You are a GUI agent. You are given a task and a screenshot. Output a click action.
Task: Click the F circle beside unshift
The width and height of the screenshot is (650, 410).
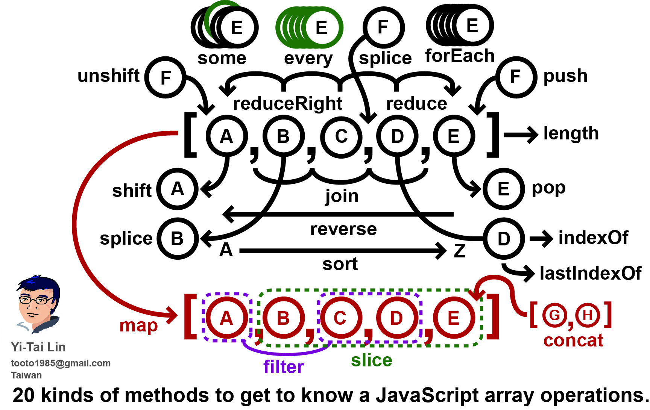[166, 77]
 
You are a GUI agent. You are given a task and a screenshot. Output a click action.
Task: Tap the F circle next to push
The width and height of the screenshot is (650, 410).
[515, 77]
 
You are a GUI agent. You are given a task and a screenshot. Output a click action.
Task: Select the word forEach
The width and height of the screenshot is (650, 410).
[459, 56]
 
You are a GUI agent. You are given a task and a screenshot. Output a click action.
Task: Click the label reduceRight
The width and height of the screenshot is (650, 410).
[287, 103]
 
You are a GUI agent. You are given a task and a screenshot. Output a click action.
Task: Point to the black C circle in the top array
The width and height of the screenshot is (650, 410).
[341, 136]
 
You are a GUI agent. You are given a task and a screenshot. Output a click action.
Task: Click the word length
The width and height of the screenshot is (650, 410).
[571, 133]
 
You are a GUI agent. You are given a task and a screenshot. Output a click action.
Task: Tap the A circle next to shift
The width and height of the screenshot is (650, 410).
[177, 189]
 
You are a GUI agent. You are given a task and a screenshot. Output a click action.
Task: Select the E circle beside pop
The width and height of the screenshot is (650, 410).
[503, 189]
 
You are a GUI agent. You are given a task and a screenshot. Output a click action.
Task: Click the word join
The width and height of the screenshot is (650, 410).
[342, 196]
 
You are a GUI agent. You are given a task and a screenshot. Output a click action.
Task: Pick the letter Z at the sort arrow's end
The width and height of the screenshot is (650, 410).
[459, 251]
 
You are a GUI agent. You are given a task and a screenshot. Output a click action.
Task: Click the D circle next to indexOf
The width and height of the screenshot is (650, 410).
[503, 239]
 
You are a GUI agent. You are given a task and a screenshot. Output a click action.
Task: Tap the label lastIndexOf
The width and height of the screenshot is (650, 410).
[590, 274]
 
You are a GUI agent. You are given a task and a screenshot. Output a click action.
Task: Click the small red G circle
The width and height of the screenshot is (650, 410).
[555, 315]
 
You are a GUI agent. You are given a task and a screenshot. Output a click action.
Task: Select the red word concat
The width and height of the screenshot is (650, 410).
[573, 340]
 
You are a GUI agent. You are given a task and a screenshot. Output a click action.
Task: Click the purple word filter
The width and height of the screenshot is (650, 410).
[283, 367]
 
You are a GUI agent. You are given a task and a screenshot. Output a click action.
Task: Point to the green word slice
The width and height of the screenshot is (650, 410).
[371, 360]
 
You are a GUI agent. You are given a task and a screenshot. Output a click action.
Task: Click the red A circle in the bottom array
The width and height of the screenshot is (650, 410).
[226, 318]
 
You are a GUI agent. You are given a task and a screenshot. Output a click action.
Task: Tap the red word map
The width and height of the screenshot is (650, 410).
[138, 325]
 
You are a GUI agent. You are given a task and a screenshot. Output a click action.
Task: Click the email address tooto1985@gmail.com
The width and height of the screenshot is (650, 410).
[61, 363]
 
